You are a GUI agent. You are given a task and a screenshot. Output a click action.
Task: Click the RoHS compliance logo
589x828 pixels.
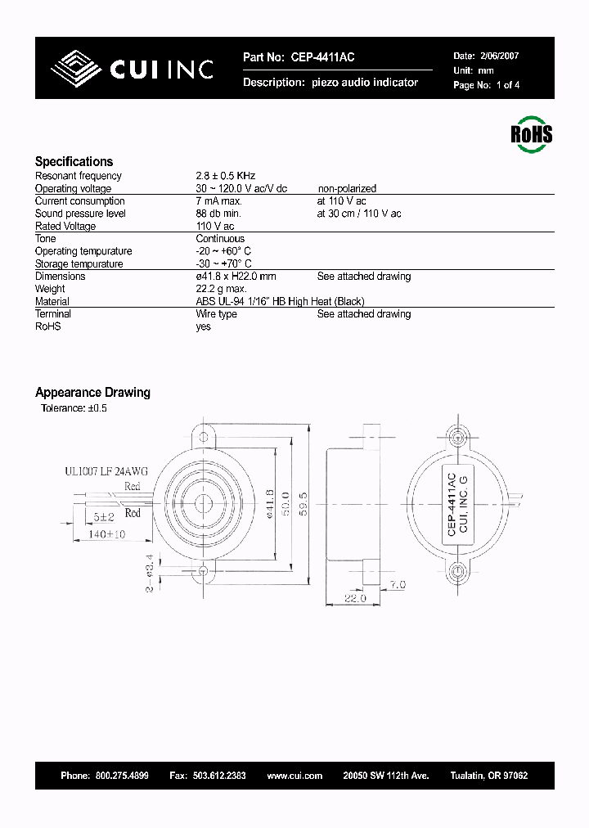[531, 133]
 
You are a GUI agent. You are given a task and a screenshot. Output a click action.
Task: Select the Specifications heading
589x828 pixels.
[74, 162]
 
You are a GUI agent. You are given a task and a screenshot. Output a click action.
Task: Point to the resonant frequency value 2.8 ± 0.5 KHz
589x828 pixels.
[226, 176]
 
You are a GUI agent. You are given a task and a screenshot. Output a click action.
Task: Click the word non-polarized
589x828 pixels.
[347, 188]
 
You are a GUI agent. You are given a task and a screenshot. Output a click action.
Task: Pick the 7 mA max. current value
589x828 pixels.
[219, 201]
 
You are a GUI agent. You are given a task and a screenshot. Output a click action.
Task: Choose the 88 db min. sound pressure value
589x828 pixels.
[221, 214]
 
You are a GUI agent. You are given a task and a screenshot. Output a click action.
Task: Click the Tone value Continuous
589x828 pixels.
[220, 239]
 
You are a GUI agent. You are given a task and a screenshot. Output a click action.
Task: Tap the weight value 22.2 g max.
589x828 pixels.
[222, 289]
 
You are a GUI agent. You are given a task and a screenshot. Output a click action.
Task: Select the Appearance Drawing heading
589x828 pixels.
[92, 393]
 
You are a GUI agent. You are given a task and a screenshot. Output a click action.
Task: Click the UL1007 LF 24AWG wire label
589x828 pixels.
[106, 471]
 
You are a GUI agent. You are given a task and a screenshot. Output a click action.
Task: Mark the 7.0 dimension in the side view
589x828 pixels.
[396, 585]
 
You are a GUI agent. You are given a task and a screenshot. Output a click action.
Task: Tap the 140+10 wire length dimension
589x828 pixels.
[106, 534]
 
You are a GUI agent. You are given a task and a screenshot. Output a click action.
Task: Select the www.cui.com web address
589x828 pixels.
[294, 776]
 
